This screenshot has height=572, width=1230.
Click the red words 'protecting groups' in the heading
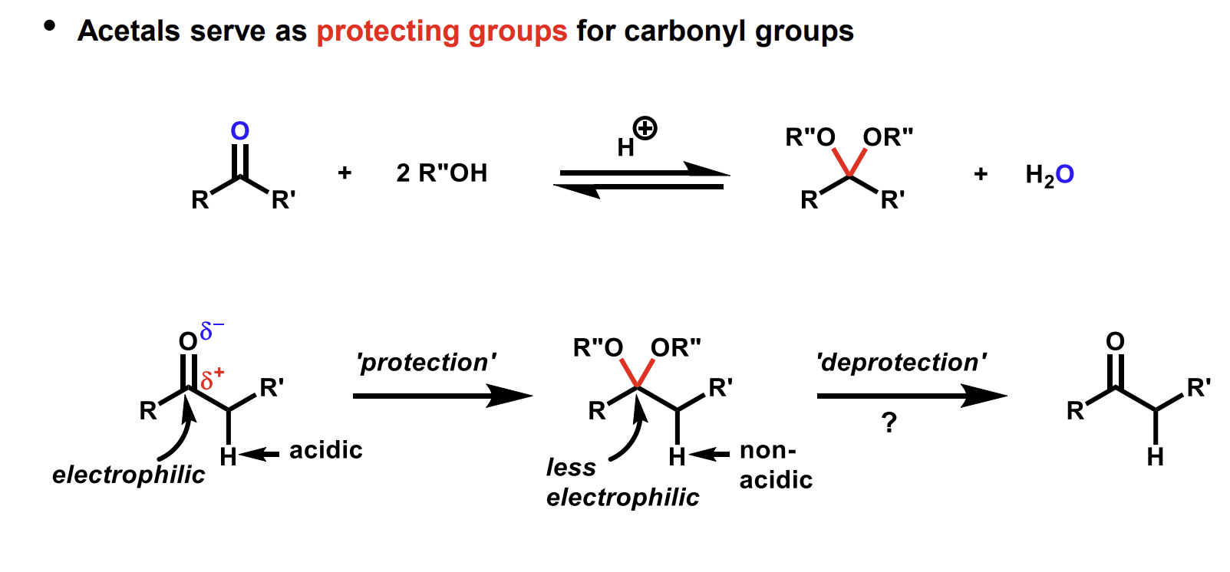click(x=441, y=31)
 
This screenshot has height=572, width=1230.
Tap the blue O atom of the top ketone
click(x=240, y=131)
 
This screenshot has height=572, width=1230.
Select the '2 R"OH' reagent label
click(x=441, y=173)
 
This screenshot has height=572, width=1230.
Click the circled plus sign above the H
click(x=645, y=128)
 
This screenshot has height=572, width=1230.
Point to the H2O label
click(x=1049, y=176)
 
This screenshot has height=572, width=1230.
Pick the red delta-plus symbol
click(x=212, y=378)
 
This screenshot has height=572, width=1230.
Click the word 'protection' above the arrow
click(x=426, y=362)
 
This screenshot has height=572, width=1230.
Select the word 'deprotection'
click(x=901, y=362)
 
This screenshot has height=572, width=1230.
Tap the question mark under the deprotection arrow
click(x=889, y=422)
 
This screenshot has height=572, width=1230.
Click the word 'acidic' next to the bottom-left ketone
click(x=325, y=450)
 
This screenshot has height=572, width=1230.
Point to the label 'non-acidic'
click(x=775, y=465)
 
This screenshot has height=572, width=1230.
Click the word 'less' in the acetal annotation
click(x=571, y=467)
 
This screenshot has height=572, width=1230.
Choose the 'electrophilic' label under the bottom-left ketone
click(x=128, y=475)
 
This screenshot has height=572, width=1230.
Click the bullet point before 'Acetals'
click(x=50, y=25)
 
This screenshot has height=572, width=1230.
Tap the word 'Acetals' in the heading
click(x=128, y=31)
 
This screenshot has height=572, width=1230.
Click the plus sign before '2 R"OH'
click(x=345, y=173)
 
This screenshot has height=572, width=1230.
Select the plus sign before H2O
click(x=981, y=175)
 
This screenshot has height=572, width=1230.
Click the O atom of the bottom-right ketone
click(x=1115, y=341)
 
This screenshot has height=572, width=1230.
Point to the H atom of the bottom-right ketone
click(x=1155, y=458)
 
